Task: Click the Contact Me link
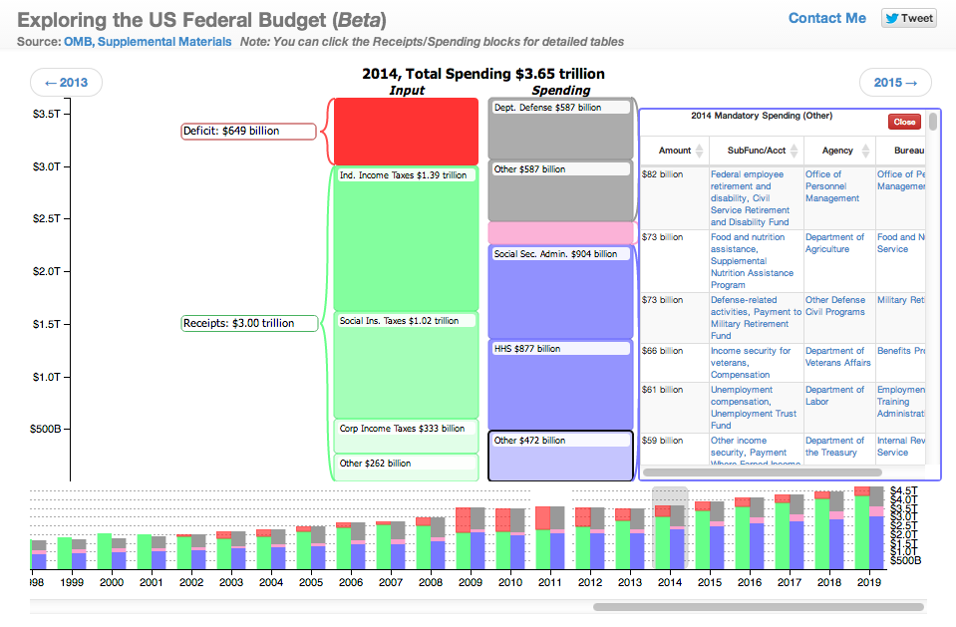coord(826,18)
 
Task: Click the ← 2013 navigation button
coord(66,83)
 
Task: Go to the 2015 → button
coord(895,83)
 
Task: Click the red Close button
coord(904,122)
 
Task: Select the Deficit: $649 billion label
coord(248,131)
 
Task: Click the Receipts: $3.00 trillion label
coord(250,323)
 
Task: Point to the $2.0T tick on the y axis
coord(48,271)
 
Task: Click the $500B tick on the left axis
coord(45,429)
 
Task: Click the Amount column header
coord(675,151)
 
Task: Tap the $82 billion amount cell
coord(663,174)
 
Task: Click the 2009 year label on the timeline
coord(470,582)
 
